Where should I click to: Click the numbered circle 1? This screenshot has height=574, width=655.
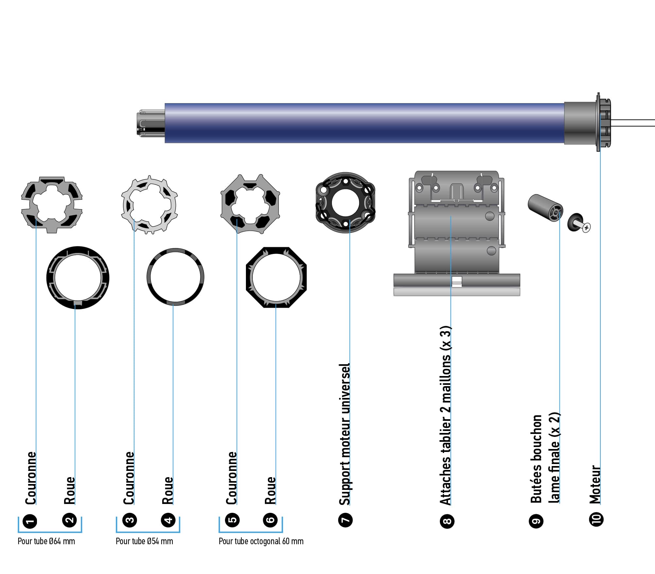tap(30, 521)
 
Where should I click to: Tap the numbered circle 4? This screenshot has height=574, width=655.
tap(168, 520)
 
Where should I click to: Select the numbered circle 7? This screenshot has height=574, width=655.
tap(345, 520)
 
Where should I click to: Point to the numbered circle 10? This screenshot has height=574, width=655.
tap(596, 520)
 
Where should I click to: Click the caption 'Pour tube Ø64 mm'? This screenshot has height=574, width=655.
tap(46, 541)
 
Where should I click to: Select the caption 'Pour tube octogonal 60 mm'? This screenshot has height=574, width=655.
tap(261, 541)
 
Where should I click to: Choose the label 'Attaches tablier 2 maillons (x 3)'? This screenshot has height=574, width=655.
tap(445, 416)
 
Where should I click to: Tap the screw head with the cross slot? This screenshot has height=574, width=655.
tap(586, 227)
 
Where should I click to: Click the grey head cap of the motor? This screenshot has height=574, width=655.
tap(580, 123)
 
